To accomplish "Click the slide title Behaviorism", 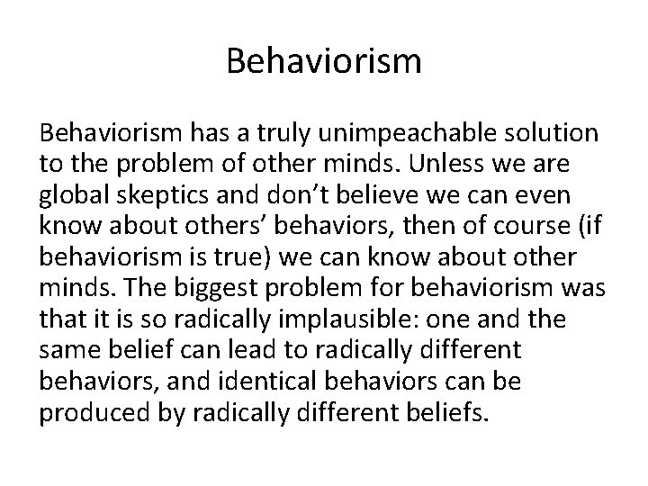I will pos(323,62).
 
